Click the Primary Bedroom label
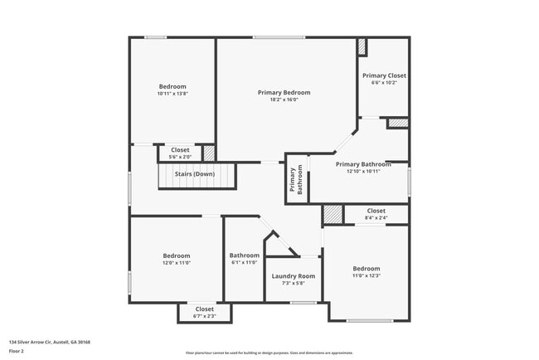tap(284, 92)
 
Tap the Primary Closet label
tap(384, 75)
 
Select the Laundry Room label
tap(294, 275)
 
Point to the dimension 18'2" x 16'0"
tap(284, 100)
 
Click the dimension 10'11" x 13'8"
tap(172, 94)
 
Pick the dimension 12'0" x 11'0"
tap(176, 263)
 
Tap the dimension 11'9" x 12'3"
tap(366, 275)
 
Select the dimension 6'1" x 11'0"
tap(245, 263)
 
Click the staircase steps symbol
tap(197, 177)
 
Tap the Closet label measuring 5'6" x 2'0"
tap(180, 149)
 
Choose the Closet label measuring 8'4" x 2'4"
tap(376, 211)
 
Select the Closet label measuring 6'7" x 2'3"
tap(204, 309)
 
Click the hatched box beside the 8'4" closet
tap(333, 214)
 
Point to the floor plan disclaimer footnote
tap(269, 353)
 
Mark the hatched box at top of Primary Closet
tap(362, 46)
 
